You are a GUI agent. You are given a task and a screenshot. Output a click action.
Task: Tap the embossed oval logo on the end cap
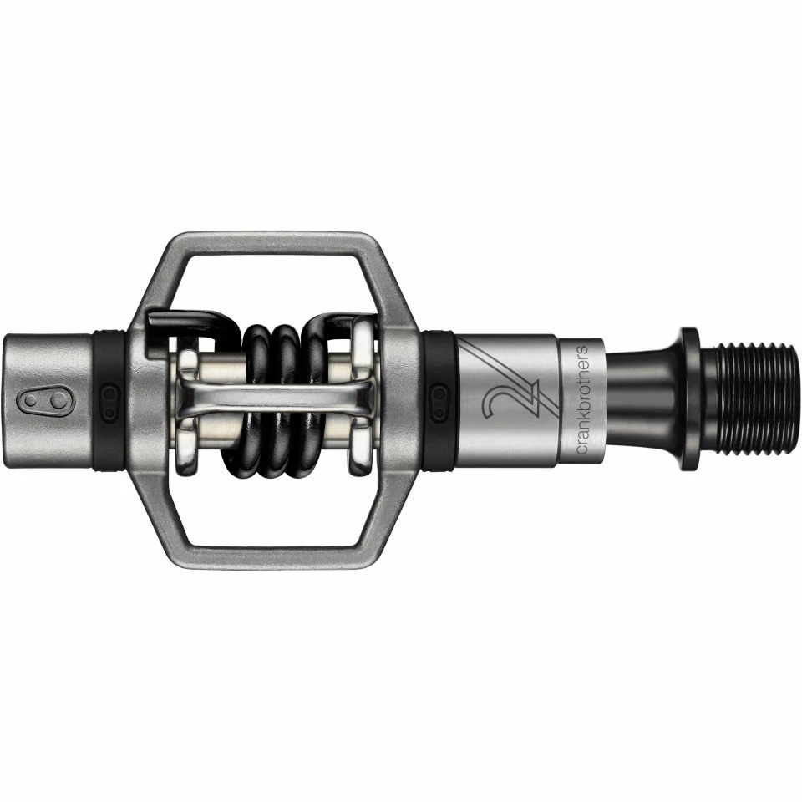45,401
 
